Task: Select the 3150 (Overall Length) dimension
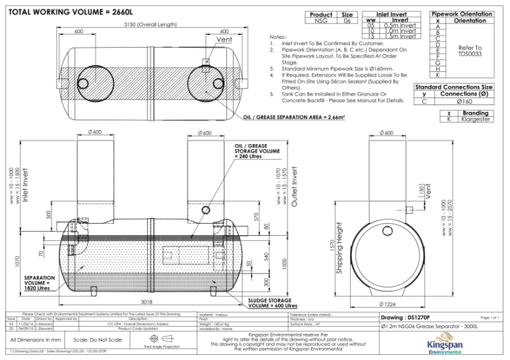tap(151, 24)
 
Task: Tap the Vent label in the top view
tap(224, 40)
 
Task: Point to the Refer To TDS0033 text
tap(470, 51)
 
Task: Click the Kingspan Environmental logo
tap(449, 344)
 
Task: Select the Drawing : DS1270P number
tap(405, 317)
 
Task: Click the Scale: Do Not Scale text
tap(98, 340)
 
